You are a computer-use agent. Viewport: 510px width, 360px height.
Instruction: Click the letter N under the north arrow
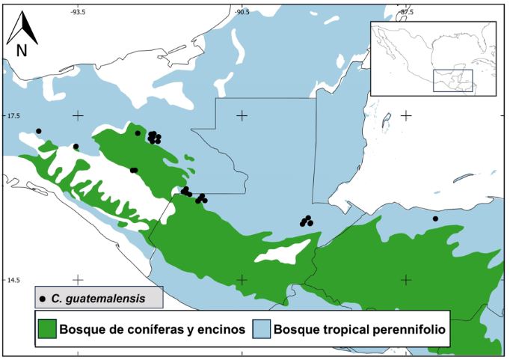[22, 51]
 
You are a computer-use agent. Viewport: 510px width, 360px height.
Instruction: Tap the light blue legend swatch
[261, 329]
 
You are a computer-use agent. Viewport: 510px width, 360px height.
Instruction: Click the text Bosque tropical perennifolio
[357, 329]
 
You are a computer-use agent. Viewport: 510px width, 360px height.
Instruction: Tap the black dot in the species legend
[43, 299]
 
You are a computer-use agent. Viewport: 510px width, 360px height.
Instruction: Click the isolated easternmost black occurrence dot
[435, 219]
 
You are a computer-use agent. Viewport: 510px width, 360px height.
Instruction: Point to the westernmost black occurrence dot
[39, 131]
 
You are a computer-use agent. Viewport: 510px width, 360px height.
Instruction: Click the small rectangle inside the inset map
[453, 81]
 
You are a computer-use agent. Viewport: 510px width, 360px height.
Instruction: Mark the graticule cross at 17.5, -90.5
[242, 115]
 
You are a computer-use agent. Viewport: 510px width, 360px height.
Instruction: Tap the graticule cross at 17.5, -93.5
[79, 115]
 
